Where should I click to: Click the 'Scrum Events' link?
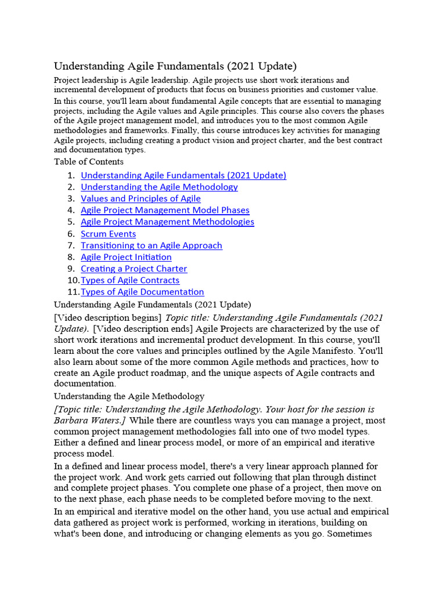(108, 234)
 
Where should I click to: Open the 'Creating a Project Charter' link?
(134, 269)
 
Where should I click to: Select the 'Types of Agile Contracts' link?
(130, 280)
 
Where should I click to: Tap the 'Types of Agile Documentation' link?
(142, 292)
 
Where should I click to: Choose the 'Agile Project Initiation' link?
(126, 257)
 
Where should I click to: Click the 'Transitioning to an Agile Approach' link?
(151, 245)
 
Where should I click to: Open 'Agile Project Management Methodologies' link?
(167, 222)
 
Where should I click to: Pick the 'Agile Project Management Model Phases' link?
(165, 210)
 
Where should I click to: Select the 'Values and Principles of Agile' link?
(141, 198)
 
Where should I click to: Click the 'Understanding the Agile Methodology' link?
(159, 187)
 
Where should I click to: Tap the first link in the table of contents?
(184, 175)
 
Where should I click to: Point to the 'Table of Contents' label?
(89, 162)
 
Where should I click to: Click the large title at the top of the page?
(175, 66)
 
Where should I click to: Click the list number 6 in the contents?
(71, 234)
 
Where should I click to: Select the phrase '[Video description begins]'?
(108, 318)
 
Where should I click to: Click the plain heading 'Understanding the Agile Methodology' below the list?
(129, 397)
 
